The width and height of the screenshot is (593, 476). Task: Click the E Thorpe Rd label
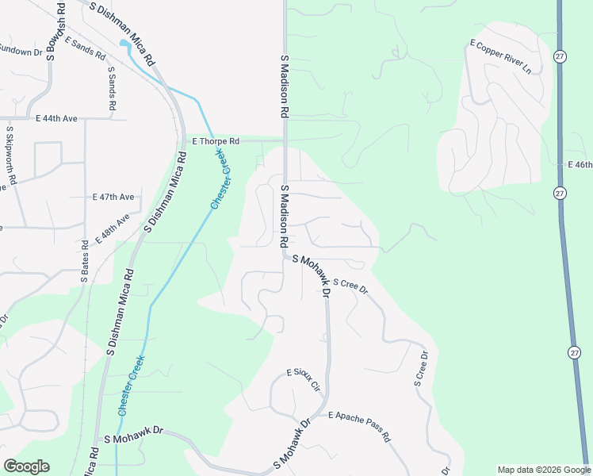[x=216, y=141]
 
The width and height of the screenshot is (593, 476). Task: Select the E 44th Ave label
[x=57, y=118]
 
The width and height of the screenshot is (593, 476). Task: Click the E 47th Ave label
[x=113, y=196]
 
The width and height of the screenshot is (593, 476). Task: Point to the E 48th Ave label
[x=113, y=228]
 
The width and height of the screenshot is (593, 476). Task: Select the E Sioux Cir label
[x=304, y=381]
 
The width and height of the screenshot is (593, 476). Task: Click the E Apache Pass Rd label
[x=360, y=426]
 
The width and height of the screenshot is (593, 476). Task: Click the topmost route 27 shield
[x=560, y=56]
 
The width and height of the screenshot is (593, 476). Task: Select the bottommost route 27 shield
[x=575, y=352]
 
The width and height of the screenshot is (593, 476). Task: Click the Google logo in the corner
[x=26, y=466]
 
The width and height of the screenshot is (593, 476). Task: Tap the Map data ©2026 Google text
[x=543, y=470]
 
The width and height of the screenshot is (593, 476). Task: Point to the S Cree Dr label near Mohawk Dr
[x=350, y=286]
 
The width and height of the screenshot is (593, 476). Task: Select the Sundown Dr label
[x=20, y=51]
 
